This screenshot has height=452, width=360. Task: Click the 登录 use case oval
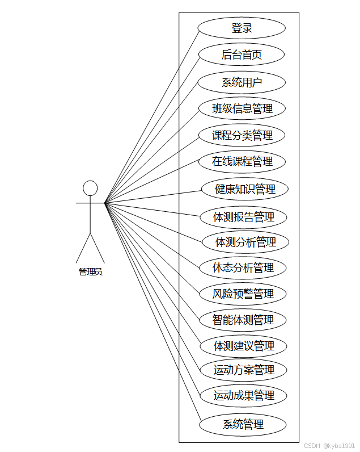pos(242,28)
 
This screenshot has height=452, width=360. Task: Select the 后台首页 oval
pos(242,55)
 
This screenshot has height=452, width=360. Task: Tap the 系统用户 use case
pos(242,82)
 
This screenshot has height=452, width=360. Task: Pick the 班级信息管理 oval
pos(242,108)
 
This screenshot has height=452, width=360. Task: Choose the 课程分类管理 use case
pos(242,135)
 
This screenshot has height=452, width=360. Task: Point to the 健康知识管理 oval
pos(245,189)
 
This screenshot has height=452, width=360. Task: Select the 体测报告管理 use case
pos(244,217)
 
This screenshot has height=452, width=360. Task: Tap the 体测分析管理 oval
pos(245,242)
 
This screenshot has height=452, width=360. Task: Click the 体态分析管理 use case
pos(243,267)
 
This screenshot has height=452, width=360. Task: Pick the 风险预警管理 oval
pos(243,294)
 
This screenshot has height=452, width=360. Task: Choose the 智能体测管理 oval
pos(243,320)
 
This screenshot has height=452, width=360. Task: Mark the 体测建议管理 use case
pos(244,346)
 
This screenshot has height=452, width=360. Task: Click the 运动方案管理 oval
pos(244,370)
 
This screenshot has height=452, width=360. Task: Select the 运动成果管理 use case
pos(244,396)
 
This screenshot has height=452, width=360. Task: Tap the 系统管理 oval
pos(243,424)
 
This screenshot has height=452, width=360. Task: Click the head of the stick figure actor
pos(90,188)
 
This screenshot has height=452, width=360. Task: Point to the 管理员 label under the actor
pos(90,272)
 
